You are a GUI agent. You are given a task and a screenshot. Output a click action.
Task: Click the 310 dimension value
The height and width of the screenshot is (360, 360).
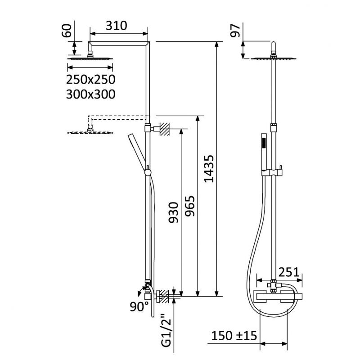click(116, 26)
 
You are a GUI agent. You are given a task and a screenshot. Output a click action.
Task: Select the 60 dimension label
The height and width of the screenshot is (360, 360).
click(67, 31)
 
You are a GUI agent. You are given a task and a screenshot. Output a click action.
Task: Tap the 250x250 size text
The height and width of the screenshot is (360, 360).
click(91, 80)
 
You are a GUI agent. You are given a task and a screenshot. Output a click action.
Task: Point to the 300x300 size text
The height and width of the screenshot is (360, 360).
click(91, 94)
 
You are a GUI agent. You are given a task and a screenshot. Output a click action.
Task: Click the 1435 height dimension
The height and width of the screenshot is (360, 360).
click(209, 169)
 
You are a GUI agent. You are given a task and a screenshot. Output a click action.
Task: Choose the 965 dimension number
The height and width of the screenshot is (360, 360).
click(190, 206)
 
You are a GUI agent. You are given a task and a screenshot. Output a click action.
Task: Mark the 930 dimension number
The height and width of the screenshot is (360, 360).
click(173, 212)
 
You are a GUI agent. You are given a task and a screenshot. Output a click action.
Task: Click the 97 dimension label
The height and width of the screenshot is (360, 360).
click(235, 31)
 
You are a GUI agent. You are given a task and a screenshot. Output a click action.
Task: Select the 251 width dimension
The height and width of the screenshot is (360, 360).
click(289, 272)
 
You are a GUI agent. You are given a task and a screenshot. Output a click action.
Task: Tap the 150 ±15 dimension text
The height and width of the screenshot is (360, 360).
click(234, 336)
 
